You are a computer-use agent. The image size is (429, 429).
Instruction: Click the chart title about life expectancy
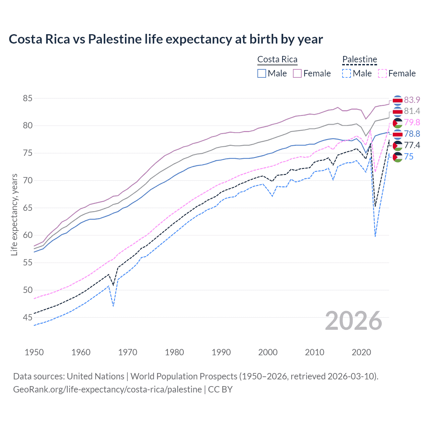click(166, 39)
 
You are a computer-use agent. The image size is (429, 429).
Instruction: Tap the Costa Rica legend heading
click(277, 59)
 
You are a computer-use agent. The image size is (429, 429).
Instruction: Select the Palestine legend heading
click(360, 59)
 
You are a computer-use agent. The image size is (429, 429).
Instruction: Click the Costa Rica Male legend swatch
click(262, 73)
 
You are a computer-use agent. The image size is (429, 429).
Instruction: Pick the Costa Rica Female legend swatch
click(297, 73)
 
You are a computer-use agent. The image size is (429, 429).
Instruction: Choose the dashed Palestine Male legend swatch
click(347, 73)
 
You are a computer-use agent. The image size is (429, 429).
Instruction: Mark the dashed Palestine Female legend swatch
click(382, 73)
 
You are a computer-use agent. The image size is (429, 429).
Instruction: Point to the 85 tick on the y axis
click(27, 98)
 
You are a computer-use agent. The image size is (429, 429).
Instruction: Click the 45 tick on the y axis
click(27, 317)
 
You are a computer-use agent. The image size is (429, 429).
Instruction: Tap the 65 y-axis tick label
click(27, 208)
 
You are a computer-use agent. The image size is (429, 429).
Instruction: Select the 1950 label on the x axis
click(34, 352)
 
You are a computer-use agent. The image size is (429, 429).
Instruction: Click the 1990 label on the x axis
click(221, 352)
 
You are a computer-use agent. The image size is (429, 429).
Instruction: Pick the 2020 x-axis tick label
click(361, 352)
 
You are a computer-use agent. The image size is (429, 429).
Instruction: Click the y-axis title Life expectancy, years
click(14, 214)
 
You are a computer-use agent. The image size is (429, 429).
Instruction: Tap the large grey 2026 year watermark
click(354, 321)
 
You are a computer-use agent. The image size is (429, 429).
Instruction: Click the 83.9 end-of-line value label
click(412, 100)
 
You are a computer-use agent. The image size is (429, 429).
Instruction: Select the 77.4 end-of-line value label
click(412, 145)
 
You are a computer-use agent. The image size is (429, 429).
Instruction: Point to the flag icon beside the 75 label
click(397, 157)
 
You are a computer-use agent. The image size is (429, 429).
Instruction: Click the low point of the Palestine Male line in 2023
click(375, 236)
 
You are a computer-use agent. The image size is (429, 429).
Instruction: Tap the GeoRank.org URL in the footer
click(107, 389)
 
